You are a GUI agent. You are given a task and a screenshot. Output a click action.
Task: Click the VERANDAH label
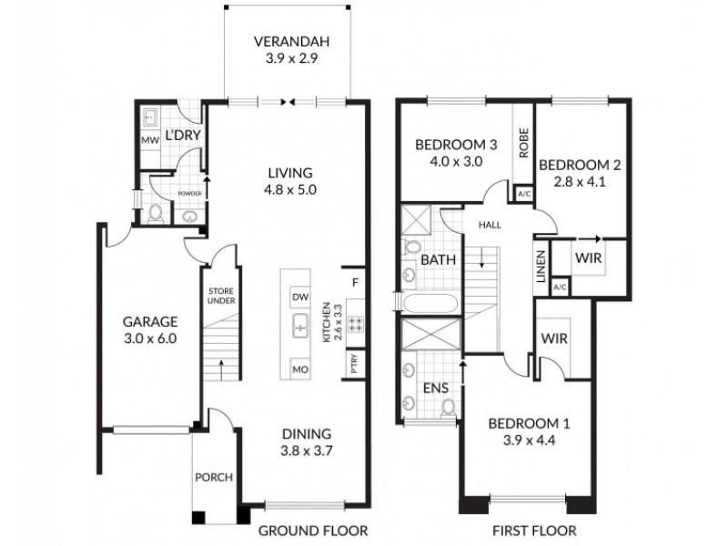click(x=290, y=42)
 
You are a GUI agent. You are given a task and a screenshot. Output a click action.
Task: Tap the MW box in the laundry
click(x=150, y=140)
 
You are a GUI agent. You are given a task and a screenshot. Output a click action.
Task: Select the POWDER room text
click(x=188, y=193)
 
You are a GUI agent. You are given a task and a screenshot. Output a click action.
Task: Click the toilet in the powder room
click(x=156, y=214)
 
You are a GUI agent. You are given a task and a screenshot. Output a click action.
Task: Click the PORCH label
click(x=214, y=477)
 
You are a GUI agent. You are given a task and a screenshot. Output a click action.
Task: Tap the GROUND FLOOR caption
click(x=313, y=530)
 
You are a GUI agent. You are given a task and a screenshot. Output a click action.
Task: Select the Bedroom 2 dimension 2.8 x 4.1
click(x=579, y=181)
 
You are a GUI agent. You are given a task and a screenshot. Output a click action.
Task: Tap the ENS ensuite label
click(x=434, y=389)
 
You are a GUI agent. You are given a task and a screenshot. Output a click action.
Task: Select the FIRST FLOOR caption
click(x=535, y=530)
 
